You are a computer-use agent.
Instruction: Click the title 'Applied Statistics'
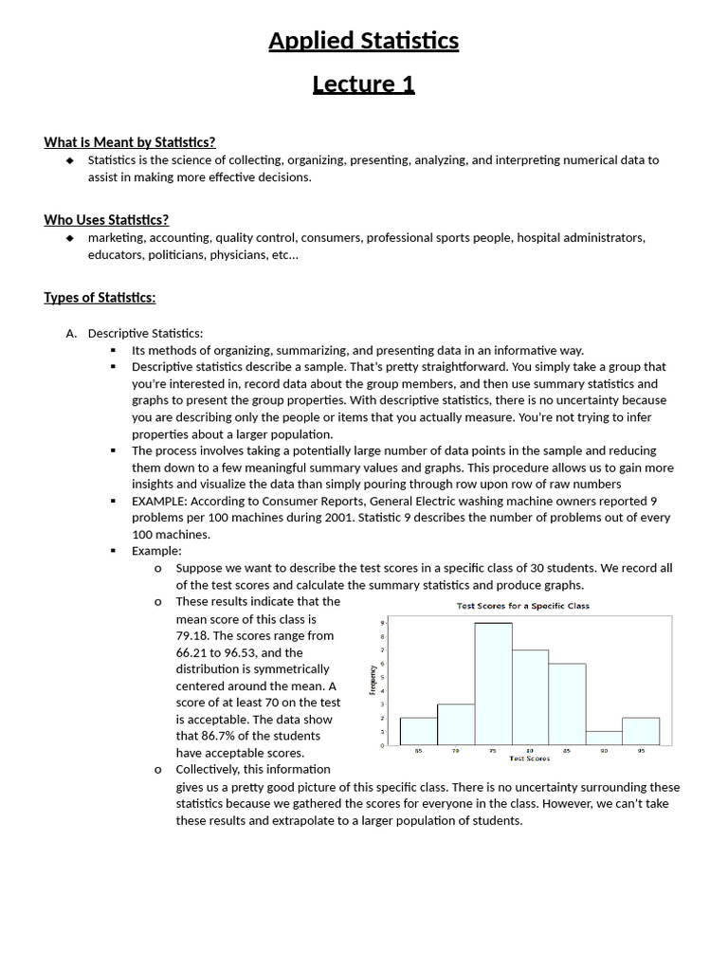(x=363, y=41)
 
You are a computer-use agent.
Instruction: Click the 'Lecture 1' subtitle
(x=363, y=84)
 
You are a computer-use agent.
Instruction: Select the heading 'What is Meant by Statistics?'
(x=129, y=142)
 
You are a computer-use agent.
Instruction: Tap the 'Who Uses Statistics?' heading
(x=106, y=220)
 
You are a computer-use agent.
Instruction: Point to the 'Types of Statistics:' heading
(x=100, y=298)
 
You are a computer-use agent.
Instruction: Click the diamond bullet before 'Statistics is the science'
(x=69, y=160)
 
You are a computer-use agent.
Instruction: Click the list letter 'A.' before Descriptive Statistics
(x=71, y=333)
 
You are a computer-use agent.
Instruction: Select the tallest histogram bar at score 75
(x=493, y=684)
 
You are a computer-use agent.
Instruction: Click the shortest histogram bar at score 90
(x=604, y=738)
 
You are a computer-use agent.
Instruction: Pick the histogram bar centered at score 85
(x=567, y=705)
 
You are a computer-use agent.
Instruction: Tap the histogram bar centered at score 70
(x=456, y=724)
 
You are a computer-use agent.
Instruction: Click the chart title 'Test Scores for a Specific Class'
(x=522, y=606)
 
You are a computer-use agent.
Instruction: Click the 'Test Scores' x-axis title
(x=529, y=759)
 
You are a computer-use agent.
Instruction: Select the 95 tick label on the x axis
(x=641, y=751)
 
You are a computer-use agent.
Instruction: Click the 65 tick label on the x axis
(x=418, y=751)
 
